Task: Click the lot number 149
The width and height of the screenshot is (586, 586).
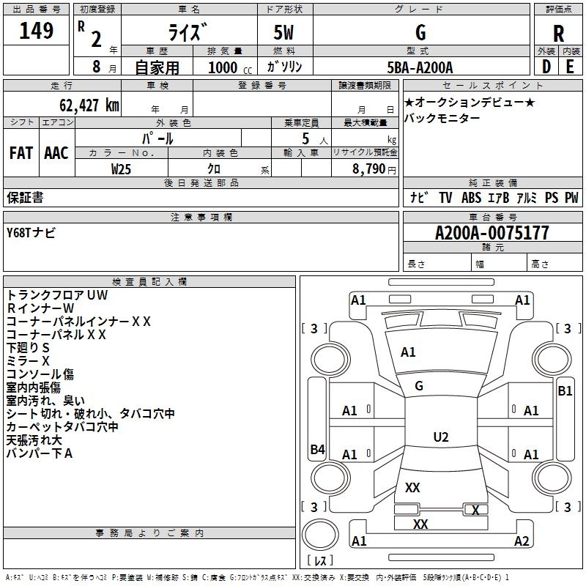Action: coord(37,31)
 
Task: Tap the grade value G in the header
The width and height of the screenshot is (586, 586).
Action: coord(420,33)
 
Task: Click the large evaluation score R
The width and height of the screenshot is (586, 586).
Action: coord(559,34)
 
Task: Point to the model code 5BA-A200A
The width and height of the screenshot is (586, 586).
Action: coord(420,67)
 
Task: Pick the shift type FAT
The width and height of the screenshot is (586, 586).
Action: coord(21,153)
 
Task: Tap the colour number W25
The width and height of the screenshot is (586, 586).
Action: coord(122,168)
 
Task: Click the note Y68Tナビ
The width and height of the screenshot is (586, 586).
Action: coord(31,233)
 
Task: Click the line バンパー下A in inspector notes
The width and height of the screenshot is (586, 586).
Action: coord(40,453)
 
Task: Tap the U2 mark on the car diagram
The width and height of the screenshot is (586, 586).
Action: coord(441,437)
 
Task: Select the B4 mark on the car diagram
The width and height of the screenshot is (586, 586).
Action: coord(317,450)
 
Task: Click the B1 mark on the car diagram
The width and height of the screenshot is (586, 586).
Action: coord(565,391)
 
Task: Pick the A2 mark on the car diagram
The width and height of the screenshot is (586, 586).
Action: coord(522,541)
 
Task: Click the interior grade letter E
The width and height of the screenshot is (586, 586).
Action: coord(570,65)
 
